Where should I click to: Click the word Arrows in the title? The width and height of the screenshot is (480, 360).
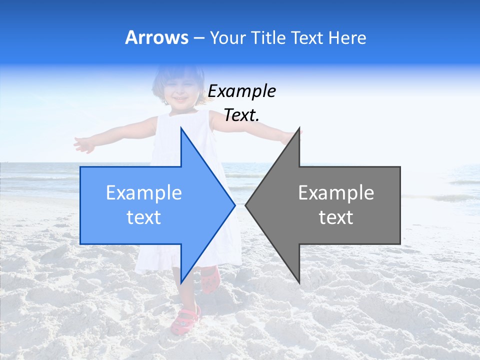[156, 37]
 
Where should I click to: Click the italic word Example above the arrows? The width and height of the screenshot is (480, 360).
[241, 91]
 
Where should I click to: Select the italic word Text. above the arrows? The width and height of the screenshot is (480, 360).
[241, 115]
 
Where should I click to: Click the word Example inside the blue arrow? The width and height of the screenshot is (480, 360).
[143, 193]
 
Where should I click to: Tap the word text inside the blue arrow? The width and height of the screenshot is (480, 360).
[143, 217]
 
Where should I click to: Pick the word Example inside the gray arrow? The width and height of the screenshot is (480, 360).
[336, 193]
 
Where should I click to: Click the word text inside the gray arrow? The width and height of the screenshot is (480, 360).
[336, 217]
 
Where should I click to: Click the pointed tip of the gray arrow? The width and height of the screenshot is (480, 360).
[246, 204]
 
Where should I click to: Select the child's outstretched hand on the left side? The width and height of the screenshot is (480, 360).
[83, 144]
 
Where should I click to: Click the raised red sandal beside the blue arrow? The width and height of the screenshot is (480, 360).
[210, 279]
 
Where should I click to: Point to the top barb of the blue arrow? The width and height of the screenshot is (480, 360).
[181, 131]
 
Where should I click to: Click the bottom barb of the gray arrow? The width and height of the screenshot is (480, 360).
[298, 280]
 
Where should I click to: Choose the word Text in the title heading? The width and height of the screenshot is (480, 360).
[307, 37]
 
